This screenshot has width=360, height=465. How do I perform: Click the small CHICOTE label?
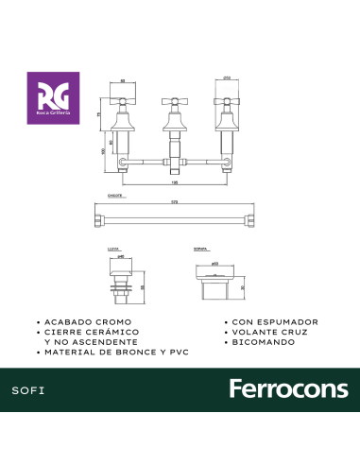(x=102, y=198)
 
